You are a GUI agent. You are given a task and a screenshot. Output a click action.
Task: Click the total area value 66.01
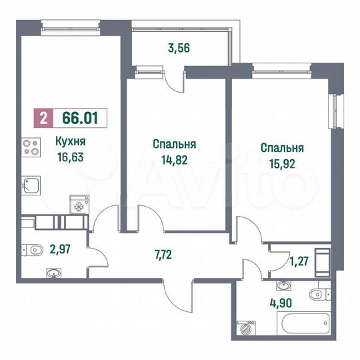pyautogui.click(x=79, y=119)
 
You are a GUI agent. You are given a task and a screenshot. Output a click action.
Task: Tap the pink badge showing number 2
pyautogui.click(x=43, y=119)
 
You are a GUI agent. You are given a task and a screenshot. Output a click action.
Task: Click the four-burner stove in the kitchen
pyautogui.click(x=31, y=147)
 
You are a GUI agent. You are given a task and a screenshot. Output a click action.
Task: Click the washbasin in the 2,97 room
pyautogui.click(x=53, y=272)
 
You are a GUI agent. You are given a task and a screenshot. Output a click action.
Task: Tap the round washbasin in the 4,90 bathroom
pyautogui.click(x=285, y=287)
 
